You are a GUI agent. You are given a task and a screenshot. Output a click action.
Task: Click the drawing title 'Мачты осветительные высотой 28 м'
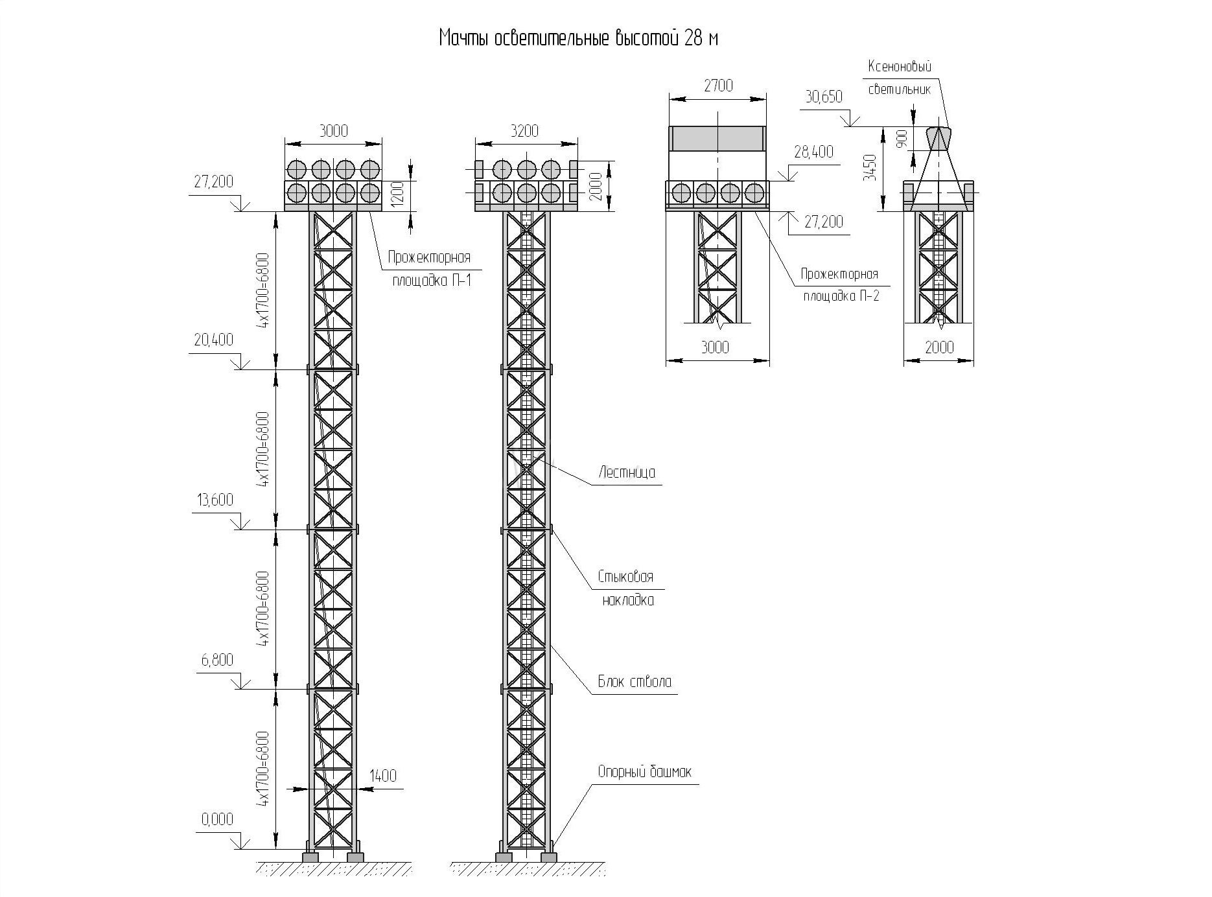point(578,39)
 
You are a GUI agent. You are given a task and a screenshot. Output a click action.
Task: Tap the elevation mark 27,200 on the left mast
point(213,182)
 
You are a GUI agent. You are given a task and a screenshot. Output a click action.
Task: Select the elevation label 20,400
point(213,340)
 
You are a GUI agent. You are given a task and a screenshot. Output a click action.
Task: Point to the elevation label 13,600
point(213,500)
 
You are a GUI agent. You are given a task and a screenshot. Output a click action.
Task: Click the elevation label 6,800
point(218,660)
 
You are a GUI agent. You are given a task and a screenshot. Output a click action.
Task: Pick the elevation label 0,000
point(217,820)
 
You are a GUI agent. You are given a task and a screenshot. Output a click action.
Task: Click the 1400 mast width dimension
point(383,776)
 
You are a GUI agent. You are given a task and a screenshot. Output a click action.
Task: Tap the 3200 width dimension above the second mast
point(525,131)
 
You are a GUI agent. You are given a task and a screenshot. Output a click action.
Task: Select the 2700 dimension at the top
point(718,86)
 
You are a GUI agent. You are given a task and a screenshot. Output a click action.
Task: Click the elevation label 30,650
point(824,97)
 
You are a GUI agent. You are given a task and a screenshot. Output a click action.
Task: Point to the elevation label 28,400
point(813,152)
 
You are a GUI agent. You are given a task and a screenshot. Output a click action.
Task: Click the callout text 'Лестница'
point(627,472)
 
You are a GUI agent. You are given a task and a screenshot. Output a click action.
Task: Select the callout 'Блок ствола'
point(635,682)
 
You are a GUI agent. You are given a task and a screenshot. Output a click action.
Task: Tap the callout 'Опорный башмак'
point(644,772)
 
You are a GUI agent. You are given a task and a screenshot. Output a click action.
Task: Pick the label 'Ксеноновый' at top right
point(900,66)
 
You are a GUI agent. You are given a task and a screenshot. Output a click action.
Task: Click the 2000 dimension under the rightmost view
point(939,347)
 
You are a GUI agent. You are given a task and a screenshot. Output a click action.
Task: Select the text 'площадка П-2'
point(841,296)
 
